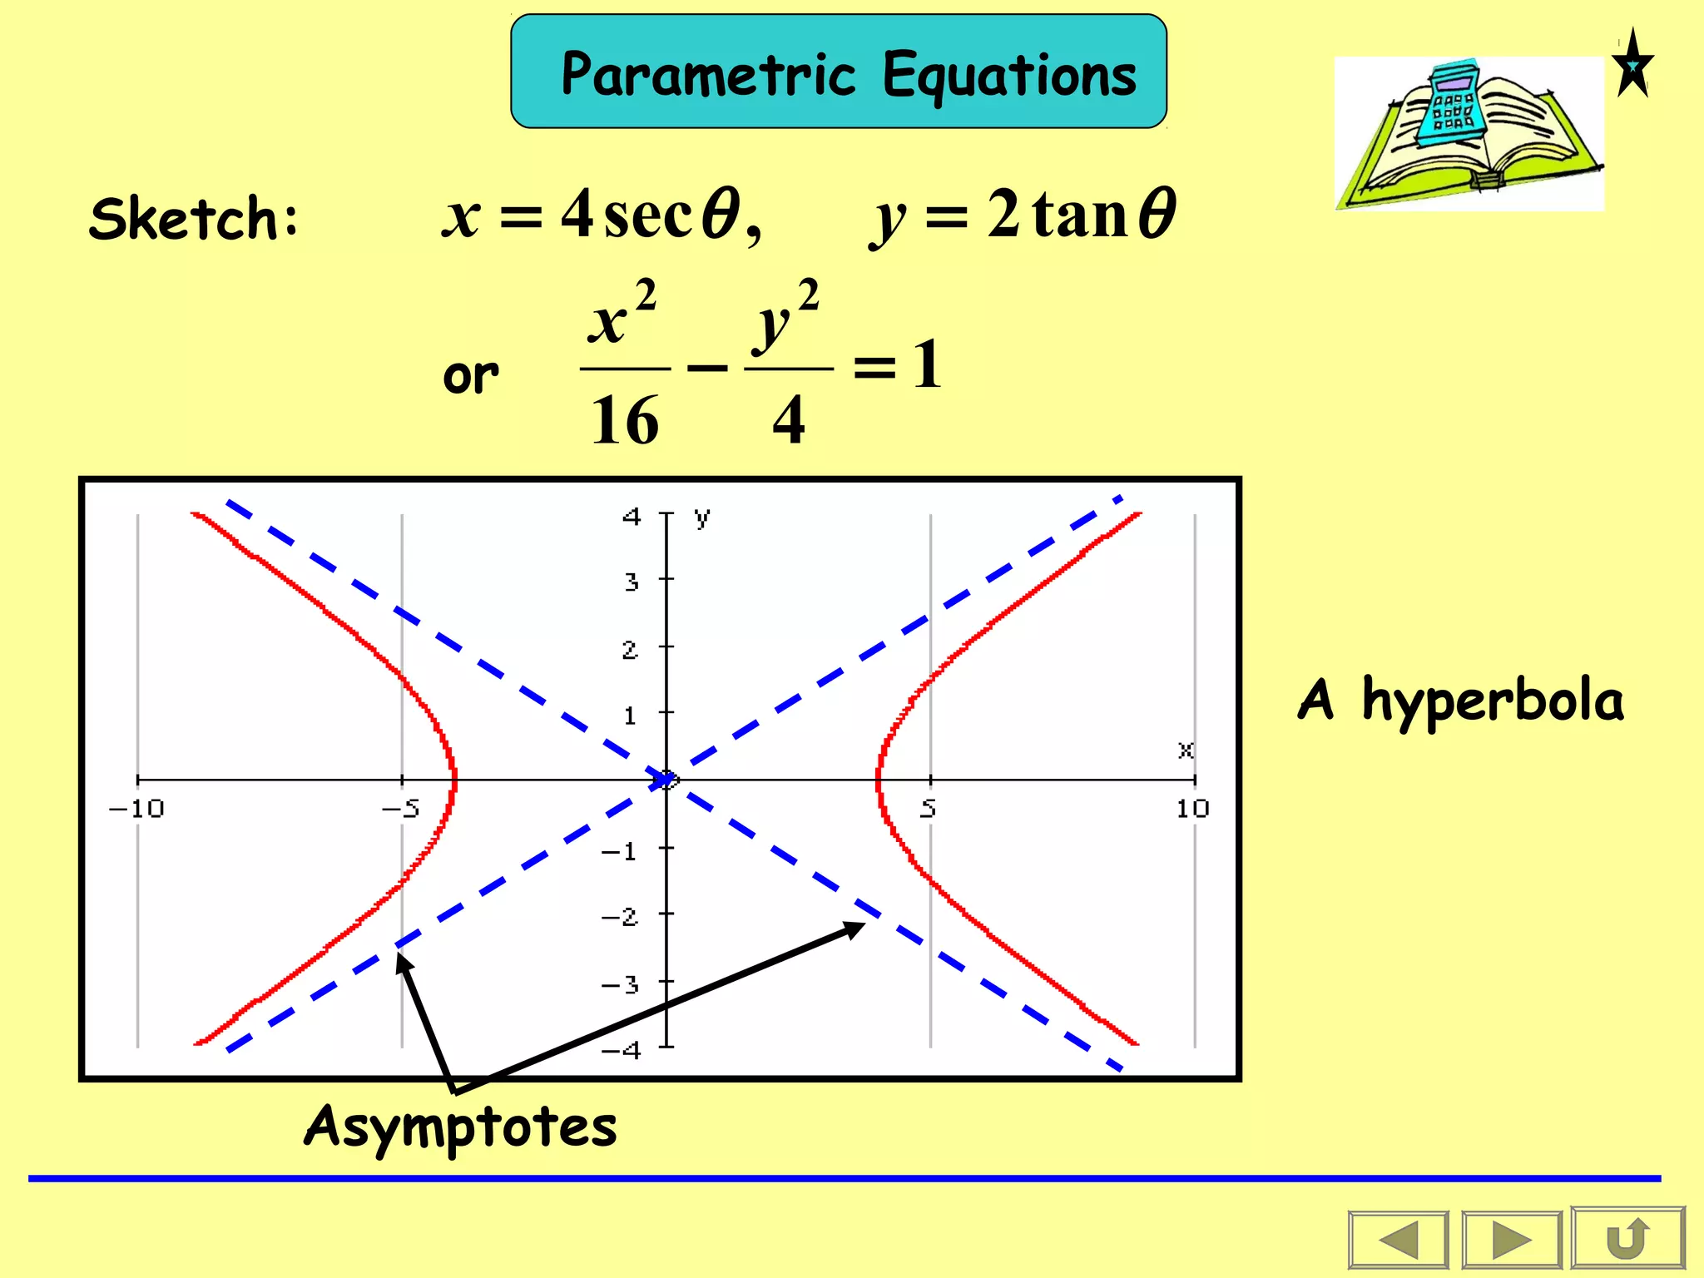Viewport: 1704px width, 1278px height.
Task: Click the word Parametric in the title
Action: tap(708, 75)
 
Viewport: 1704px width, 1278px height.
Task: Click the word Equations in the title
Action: tap(1008, 75)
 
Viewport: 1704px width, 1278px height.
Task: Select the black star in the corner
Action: tap(1632, 65)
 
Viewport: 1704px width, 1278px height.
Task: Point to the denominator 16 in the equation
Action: tap(624, 420)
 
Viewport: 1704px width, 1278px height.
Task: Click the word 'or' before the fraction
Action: tap(471, 376)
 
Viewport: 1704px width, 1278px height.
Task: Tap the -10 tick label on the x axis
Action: tap(137, 809)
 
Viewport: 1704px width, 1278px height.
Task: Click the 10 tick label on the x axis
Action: tap(1192, 809)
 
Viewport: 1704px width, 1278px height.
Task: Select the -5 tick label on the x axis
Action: tap(401, 809)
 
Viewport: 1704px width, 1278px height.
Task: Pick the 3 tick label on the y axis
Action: tap(632, 582)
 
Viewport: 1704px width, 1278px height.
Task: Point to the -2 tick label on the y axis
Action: tap(620, 917)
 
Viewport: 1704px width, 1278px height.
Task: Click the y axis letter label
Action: tap(702, 518)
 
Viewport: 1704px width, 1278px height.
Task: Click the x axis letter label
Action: tap(1186, 750)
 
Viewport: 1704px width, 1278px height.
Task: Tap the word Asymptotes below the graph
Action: tap(461, 1127)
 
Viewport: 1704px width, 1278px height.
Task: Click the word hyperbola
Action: tap(1493, 701)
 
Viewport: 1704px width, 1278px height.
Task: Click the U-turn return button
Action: tap(1627, 1239)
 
